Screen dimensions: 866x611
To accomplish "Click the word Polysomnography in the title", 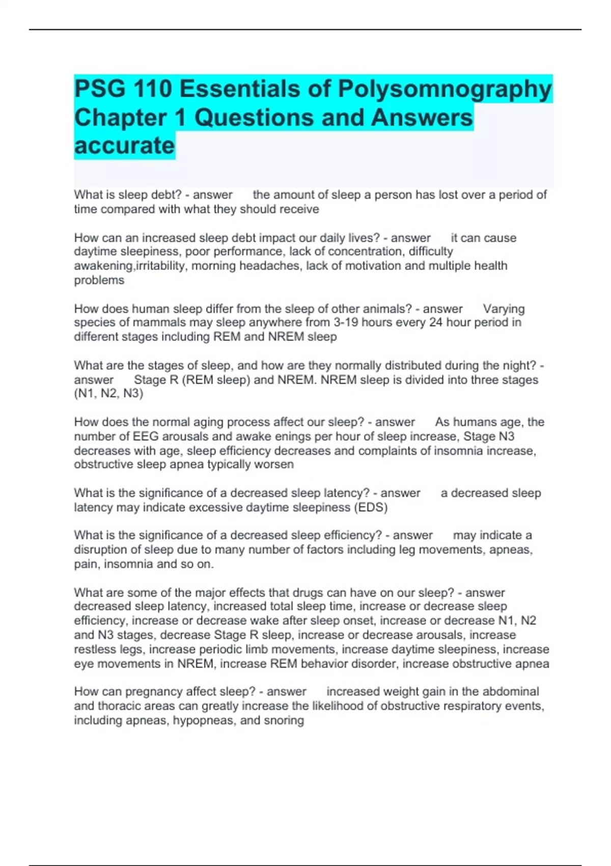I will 445,90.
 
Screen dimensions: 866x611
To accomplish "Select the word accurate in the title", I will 124,146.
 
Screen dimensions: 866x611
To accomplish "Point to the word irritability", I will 159,266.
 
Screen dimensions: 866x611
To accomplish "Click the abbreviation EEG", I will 146,437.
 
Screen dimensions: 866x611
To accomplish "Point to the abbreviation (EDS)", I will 370,507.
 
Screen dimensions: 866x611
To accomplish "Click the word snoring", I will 284,720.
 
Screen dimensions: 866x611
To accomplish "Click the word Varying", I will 504,309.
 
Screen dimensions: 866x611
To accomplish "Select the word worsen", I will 275,465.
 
